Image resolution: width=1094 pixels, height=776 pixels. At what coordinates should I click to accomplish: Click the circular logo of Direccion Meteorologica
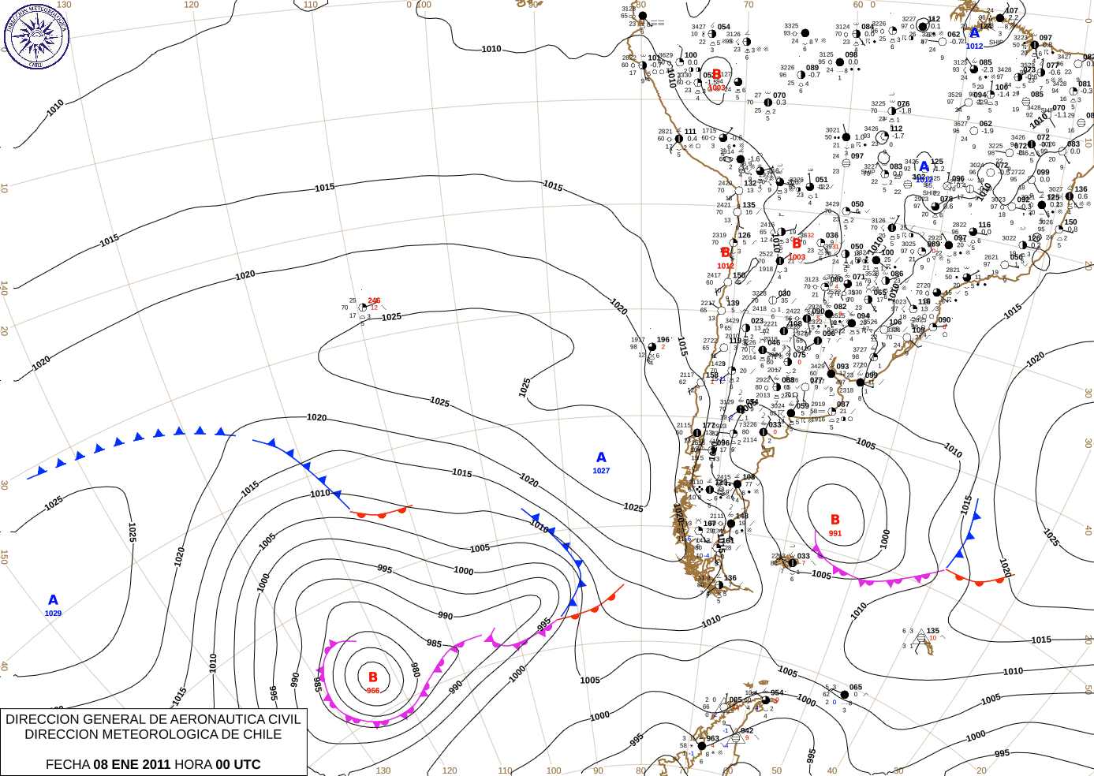click(x=36, y=36)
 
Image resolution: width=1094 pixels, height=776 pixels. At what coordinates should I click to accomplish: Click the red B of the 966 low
click(x=373, y=677)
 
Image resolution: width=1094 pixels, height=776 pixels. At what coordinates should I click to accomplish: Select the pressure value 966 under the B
click(x=372, y=691)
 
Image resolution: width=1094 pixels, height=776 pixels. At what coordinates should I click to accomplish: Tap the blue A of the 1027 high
click(x=601, y=458)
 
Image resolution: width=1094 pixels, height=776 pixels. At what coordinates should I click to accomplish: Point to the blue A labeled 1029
click(x=53, y=601)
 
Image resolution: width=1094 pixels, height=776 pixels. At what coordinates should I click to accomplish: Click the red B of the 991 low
click(x=835, y=520)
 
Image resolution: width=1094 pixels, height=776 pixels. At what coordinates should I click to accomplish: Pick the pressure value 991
click(x=835, y=534)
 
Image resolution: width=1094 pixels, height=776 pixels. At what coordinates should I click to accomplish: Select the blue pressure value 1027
click(x=601, y=471)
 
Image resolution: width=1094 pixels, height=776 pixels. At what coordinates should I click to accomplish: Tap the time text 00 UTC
click(x=237, y=764)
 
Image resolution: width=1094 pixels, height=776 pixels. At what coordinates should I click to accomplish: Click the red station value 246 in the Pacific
click(x=374, y=300)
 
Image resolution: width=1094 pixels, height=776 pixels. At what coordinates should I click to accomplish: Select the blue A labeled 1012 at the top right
click(x=975, y=33)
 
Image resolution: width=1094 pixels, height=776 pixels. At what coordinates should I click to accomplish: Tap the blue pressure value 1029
click(x=53, y=614)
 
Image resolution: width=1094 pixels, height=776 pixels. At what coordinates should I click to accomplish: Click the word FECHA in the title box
click(x=67, y=764)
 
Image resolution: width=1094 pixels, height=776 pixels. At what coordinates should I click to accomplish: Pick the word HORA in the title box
click(x=192, y=764)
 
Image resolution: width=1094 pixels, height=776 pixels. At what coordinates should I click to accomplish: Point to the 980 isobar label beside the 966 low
click(x=416, y=670)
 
